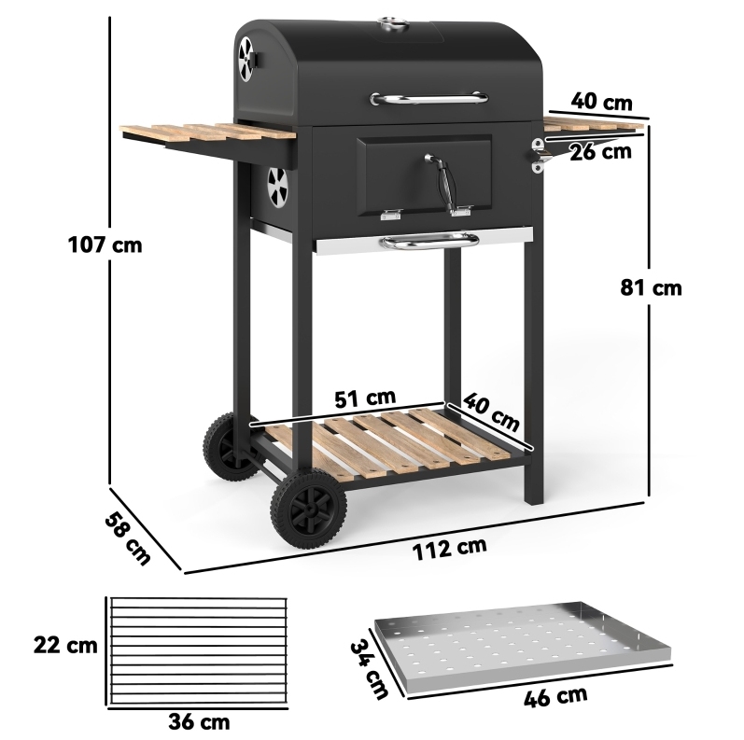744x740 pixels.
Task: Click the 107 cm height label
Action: [105, 245]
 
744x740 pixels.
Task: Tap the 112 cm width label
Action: [449, 549]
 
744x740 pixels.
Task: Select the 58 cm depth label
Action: [127, 538]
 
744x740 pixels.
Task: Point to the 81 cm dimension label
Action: [651, 288]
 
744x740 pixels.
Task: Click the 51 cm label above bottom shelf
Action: [364, 398]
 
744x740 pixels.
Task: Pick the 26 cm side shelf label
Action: [600, 152]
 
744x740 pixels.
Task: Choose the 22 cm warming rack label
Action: [65, 645]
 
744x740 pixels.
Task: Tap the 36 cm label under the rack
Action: [199, 721]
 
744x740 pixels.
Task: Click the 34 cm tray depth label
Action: [370, 669]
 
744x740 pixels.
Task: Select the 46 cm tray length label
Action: [555, 696]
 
